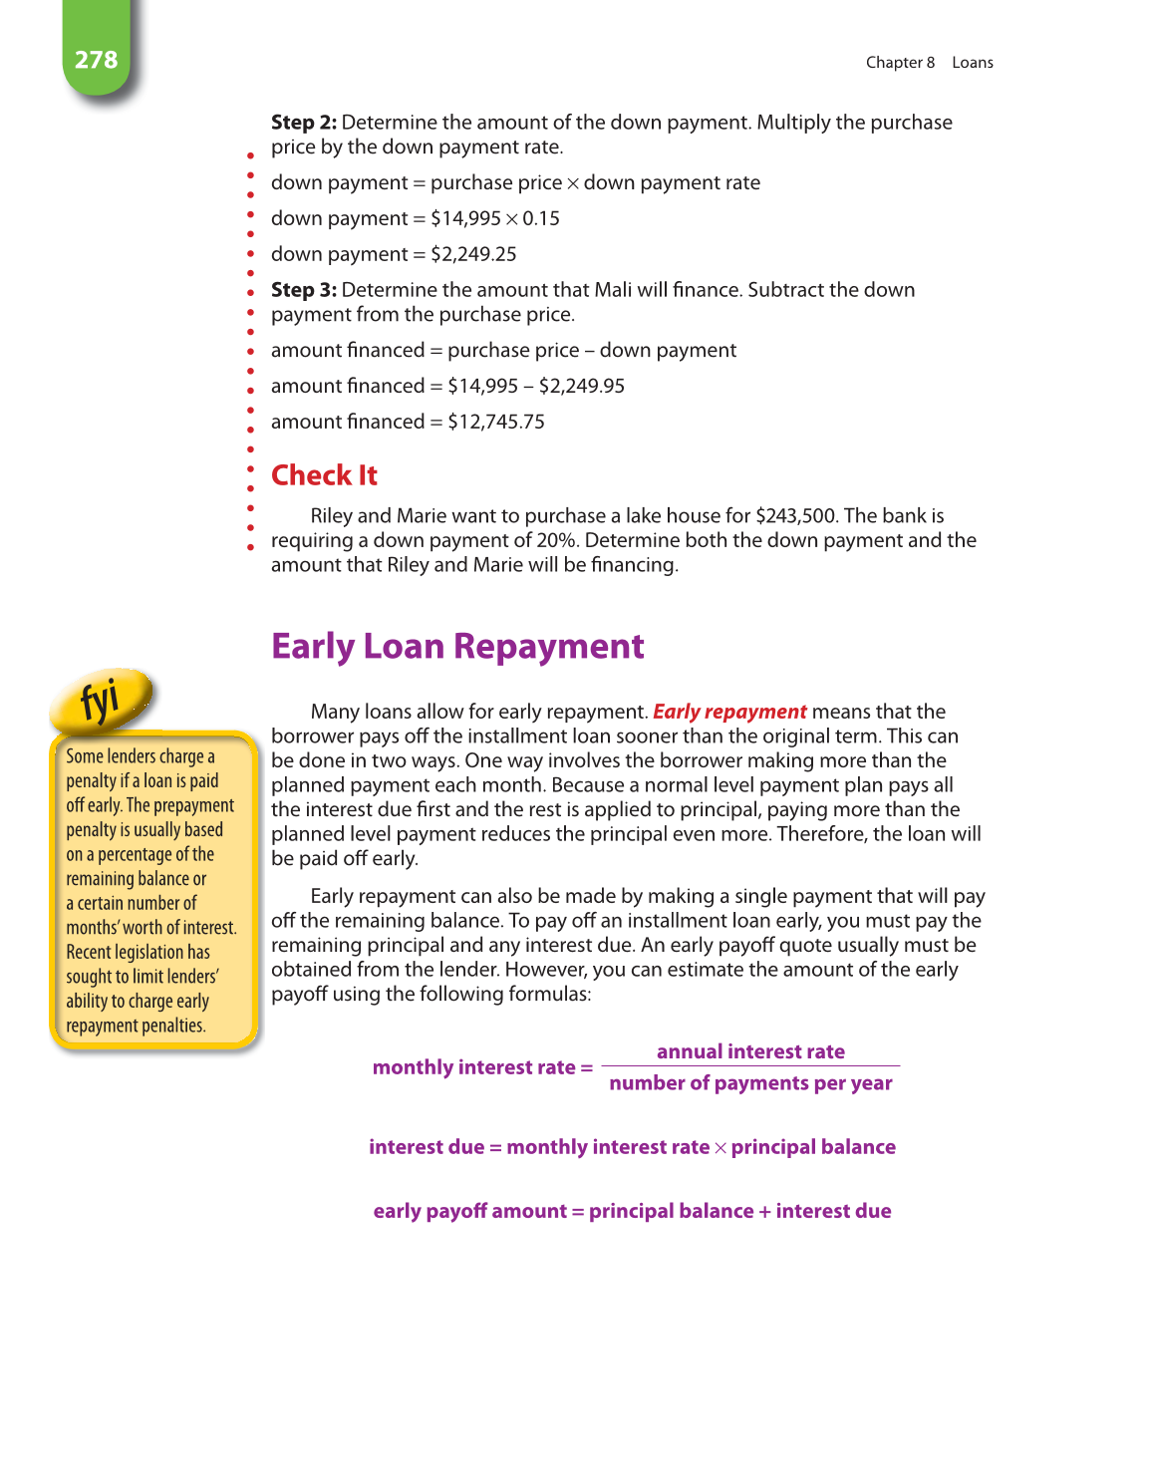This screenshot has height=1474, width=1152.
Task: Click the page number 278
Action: pos(96,60)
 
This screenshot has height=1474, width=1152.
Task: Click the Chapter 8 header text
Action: pos(900,63)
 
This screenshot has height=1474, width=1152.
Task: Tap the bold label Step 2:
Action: pos(303,123)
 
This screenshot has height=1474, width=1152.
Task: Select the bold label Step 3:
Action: pos(303,290)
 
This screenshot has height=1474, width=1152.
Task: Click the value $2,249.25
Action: pos(473,254)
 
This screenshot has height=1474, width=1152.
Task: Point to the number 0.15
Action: pos(541,218)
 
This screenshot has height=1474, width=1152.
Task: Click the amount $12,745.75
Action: pos(496,422)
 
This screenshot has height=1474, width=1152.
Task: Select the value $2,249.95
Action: pos(582,386)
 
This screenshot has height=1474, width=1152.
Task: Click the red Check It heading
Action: pos(324,475)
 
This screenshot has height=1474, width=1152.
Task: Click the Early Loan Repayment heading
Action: pos(457,647)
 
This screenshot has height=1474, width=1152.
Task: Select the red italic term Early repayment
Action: pos(729,712)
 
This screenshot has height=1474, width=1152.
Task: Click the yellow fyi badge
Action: pos(102,700)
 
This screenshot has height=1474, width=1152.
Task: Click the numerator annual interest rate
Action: pos(750,1051)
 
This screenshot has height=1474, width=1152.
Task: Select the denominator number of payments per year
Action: pos(750,1083)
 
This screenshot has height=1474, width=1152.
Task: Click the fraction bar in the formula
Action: pos(750,1066)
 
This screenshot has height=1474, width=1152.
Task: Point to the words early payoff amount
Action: pos(469,1211)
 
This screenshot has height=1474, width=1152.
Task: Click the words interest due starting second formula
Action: pos(427,1147)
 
